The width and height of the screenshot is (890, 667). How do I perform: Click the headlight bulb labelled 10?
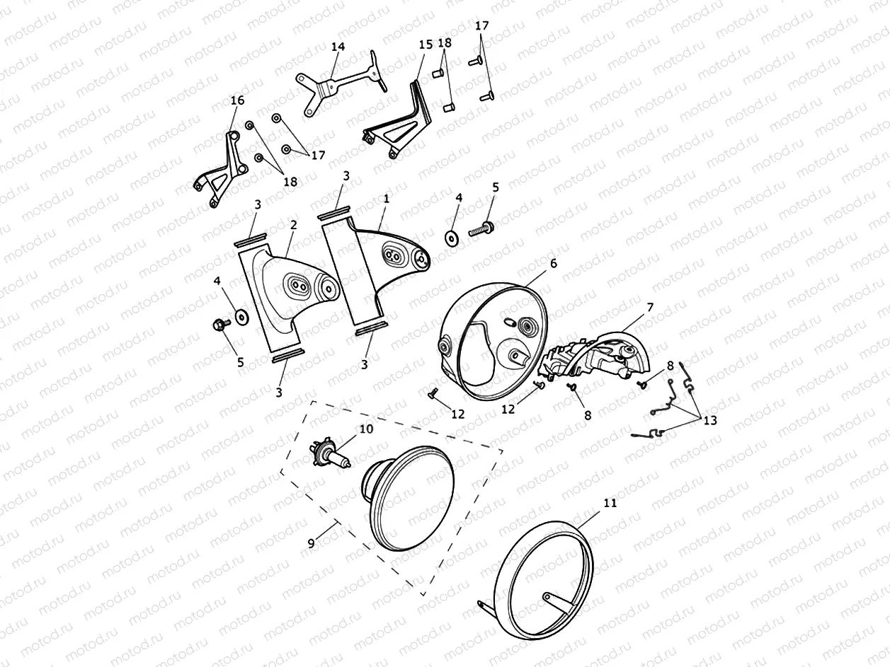330,456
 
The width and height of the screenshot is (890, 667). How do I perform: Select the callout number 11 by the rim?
610,503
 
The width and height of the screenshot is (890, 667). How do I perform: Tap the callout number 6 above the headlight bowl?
554,263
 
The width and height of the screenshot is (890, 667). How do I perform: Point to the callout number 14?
338,47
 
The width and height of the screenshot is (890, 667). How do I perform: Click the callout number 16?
238,100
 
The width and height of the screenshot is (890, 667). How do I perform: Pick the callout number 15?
426,45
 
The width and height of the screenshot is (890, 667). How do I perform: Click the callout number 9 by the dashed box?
311,543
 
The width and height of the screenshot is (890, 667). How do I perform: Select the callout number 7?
650,308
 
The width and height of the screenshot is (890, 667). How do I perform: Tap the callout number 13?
710,420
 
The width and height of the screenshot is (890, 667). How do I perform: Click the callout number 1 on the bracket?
386,199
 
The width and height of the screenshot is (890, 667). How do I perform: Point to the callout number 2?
293,225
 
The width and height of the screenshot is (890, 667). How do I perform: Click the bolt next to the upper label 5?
481,228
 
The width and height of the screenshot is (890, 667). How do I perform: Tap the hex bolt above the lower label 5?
221,324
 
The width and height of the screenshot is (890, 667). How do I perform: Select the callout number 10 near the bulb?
366,429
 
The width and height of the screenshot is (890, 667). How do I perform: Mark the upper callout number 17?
481,25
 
